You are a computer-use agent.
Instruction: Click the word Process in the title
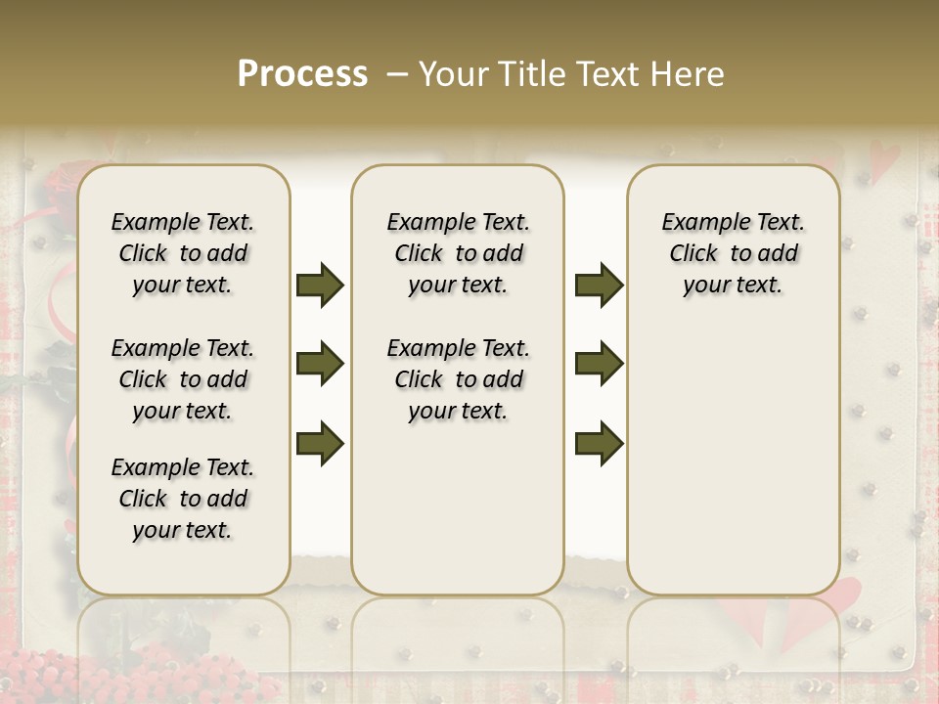[302, 74]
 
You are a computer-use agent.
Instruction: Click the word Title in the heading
[526, 74]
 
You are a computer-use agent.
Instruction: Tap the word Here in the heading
[689, 74]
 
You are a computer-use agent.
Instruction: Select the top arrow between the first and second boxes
[320, 286]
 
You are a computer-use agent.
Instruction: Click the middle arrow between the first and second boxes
[320, 365]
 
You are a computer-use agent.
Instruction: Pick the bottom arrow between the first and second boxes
[320, 443]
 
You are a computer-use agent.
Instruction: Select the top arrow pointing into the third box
[599, 286]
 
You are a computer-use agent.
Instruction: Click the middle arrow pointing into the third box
[599, 365]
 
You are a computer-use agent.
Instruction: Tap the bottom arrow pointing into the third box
[599, 443]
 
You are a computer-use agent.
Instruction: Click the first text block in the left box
[183, 253]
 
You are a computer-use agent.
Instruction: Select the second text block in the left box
[183, 379]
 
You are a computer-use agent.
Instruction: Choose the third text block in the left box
[183, 499]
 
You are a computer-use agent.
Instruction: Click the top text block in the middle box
[458, 253]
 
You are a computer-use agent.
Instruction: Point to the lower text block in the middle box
[458, 379]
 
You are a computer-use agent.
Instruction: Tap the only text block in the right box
[733, 253]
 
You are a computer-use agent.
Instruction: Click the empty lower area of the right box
[733, 460]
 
